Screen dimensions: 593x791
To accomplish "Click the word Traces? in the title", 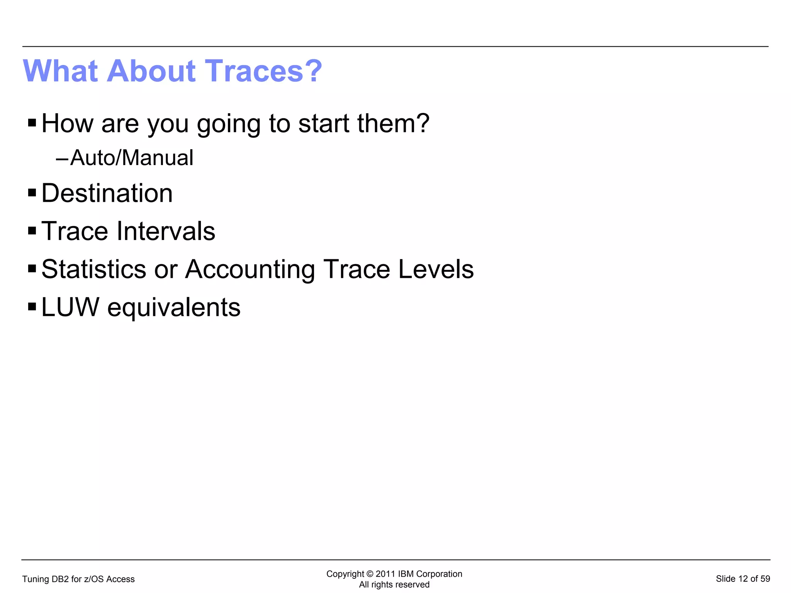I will point(263,71).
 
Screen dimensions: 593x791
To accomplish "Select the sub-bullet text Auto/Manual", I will point(132,158).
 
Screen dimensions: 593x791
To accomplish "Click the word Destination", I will point(107,193).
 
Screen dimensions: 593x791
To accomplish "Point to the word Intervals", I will point(166,231).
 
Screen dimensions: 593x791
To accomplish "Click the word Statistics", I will point(94,269).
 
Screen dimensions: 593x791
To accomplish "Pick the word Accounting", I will point(250,269).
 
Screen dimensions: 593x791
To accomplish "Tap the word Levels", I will point(436,269).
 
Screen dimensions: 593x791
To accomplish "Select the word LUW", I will point(70,307).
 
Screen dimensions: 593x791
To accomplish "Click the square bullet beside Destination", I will point(32,193).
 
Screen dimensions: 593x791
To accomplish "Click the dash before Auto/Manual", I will point(62,158).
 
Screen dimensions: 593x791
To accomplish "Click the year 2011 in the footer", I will point(385,574).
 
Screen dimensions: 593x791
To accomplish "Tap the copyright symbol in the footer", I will point(370,574).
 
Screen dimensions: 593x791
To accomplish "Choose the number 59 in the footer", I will point(765,579).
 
